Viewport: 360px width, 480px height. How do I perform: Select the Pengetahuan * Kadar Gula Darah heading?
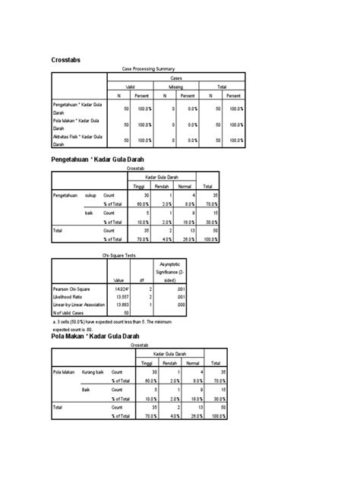[x=97, y=159]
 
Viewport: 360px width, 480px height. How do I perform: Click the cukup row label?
[x=90, y=195]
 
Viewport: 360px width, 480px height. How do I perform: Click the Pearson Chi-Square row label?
[x=71, y=289]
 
